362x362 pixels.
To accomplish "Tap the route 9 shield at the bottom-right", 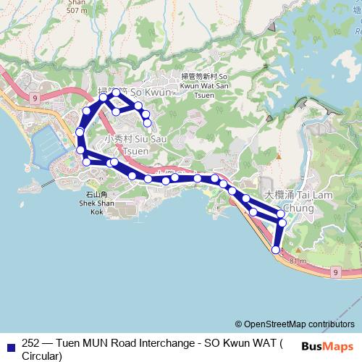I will click(335, 271).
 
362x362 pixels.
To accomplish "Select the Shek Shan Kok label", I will click(96, 203).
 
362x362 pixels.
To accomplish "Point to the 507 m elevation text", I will click(76, 11).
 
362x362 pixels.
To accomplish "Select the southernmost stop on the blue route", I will click(275, 250).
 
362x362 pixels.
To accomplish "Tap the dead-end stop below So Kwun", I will click(148, 123).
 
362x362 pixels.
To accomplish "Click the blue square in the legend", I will click(10, 345).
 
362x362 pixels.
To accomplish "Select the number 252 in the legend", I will click(31, 344).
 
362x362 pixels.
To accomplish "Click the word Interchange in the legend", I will click(157, 344).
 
